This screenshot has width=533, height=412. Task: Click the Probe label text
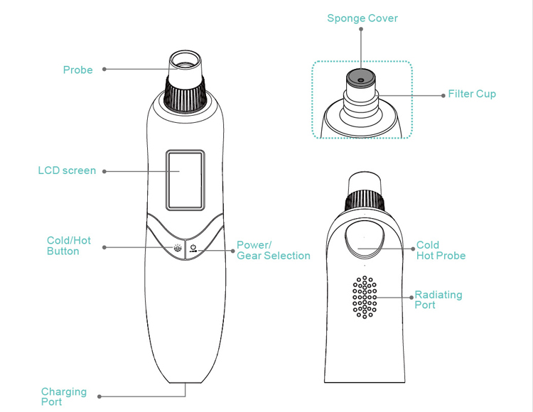[x=77, y=70]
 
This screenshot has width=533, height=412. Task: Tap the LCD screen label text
[x=67, y=170]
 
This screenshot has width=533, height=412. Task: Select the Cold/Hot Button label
[x=68, y=246]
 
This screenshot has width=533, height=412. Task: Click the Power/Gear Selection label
[x=273, y=250]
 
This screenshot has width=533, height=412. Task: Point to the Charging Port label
[x=63, y=396]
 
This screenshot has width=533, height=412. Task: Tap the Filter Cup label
[x=472, y=94]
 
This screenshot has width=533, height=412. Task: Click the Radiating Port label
[x=438, y=299]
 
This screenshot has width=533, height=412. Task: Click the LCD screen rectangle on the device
[x=186, y=180]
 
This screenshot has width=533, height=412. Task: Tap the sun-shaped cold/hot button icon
[x=176, y=249]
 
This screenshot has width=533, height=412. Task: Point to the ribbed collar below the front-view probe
[x=186, y=91]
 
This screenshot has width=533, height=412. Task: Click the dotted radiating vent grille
[x=364, y=296]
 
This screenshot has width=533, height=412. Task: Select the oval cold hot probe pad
[x=364, y=241]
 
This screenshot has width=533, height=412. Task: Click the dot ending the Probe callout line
[x=104, y=70]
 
